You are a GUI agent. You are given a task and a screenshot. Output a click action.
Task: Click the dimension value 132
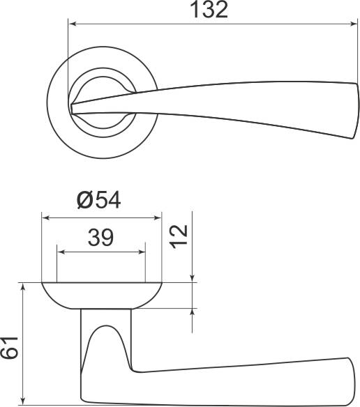[209, 11]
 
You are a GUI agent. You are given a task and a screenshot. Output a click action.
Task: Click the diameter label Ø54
[98, 201]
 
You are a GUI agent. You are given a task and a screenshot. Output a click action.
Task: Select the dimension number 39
[101, 238]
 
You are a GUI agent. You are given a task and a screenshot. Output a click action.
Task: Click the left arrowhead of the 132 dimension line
[72, 26]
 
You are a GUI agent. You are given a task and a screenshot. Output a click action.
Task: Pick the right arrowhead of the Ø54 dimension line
[158, 217]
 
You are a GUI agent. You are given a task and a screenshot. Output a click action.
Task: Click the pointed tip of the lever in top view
[73, 107]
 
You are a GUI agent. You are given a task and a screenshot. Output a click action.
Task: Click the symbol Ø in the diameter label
[84, 201]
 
